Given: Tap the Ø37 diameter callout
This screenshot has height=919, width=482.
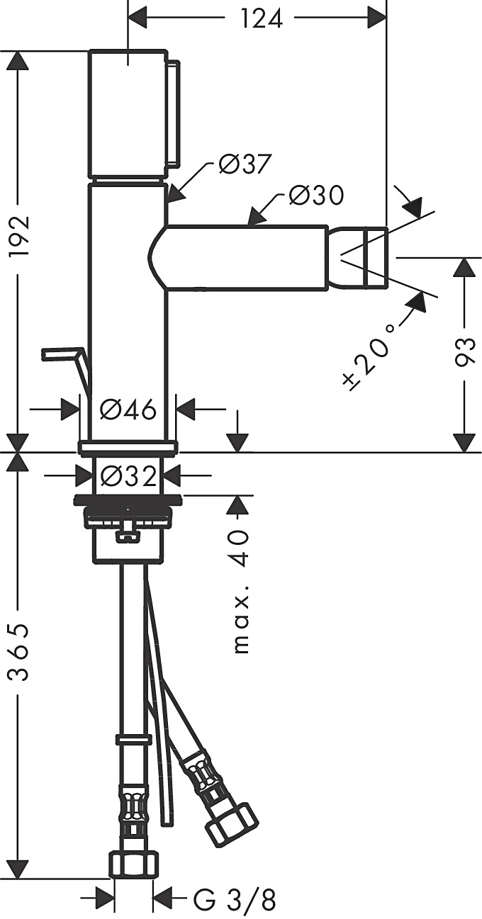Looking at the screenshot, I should [x=245, y=165].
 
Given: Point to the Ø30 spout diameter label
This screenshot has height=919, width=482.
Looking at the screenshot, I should [x=316, y=195].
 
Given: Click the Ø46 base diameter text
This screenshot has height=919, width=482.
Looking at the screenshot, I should [x=128, y=409].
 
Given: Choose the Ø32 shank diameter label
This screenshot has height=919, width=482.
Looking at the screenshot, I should [x=128, y=475].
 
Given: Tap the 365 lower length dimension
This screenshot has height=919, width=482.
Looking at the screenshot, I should [x=16, y=652].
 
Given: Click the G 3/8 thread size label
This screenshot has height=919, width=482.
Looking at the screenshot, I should [x=234, y=901].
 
